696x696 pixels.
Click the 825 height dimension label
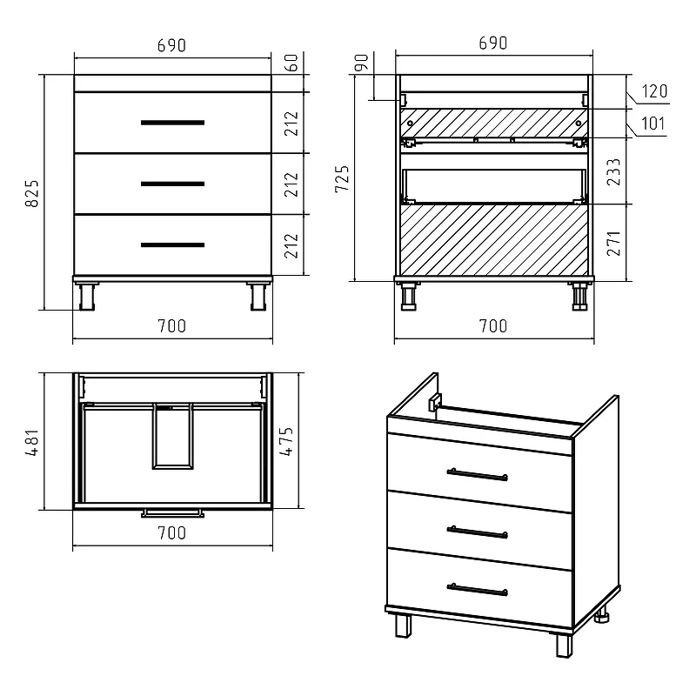click(32, 193)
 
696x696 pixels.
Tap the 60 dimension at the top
click(291, 63)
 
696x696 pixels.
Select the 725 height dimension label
click(342, 178)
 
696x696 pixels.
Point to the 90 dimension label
click(362, 63)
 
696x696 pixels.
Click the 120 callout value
click(654, 91)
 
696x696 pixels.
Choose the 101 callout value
click(653, 123)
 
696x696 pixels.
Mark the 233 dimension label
click(613, 171)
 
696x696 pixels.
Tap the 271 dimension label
click(613, 243)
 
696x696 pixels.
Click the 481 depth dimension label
click(32, 443)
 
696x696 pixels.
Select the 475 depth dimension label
click(286, 441)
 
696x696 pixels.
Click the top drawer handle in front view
click(172, 123)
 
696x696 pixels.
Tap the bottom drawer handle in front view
click(172, 244)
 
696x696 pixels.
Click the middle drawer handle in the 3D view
click(477, 532)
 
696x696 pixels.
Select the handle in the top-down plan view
click(172, 513)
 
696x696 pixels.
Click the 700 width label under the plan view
click(172, 532)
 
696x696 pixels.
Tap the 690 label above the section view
click(493, 43)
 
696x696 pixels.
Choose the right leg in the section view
click(579, 296)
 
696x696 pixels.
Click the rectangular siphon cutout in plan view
click(172, 436)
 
